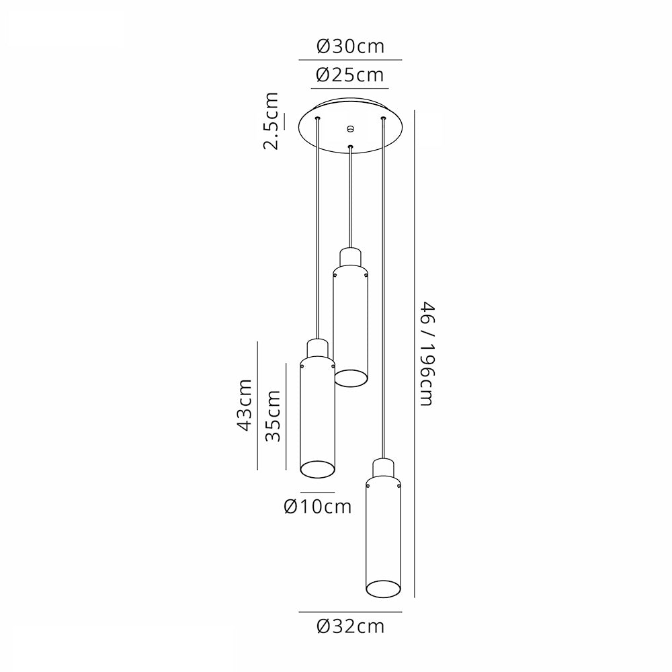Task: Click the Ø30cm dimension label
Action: [x=350, y=46]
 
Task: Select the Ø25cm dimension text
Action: [x=349, y=75]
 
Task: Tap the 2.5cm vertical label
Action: [x=271, y=121]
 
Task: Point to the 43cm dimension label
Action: [x=245, y=405]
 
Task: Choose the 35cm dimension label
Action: [x=273, y=416]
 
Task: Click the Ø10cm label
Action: [x=318, y=507]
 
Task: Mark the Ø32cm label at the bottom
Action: [x=351, y=627]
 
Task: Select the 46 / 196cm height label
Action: [x=427, y=353]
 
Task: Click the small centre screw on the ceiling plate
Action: [x=351, y=128]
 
